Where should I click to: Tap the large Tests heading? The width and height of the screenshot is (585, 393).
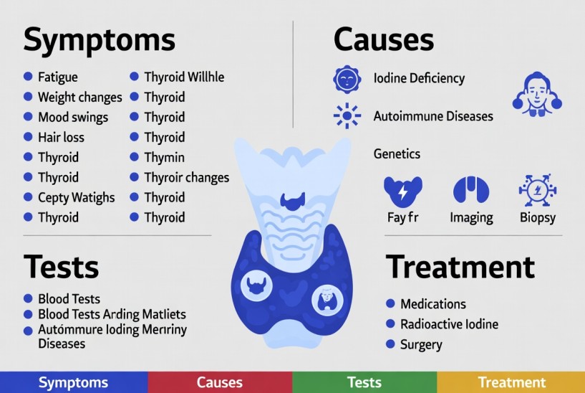[x=61, y=267]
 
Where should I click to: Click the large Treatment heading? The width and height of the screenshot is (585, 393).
[x=460, y=267]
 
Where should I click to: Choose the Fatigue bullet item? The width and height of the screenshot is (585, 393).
[x=57, y=77]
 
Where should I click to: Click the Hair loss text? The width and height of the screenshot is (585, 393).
[x=61, y=137]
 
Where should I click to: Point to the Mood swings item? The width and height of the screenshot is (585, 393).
[x=72, y=117]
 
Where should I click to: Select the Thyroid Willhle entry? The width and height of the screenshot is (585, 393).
[x=184, y=77]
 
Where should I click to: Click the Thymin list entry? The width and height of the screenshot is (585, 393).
[x=164, y=157]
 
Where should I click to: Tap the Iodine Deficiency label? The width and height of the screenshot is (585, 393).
[x=419, y=78]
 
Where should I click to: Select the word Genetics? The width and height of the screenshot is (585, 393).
[x=397, y=153]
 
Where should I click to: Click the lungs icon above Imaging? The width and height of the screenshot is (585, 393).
[x=470, y=190]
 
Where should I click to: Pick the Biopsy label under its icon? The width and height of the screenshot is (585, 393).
[x=537, y=217]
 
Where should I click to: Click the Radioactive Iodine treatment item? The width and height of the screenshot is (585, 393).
[x=449, y=324]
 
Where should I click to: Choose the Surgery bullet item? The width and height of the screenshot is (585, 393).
[x=421, y=344]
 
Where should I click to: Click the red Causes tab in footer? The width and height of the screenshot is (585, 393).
[x=219, y=382]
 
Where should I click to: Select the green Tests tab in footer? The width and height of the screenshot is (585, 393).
[x=364, y=382]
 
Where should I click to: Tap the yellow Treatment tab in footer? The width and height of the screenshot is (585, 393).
[x=511, y=382]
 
